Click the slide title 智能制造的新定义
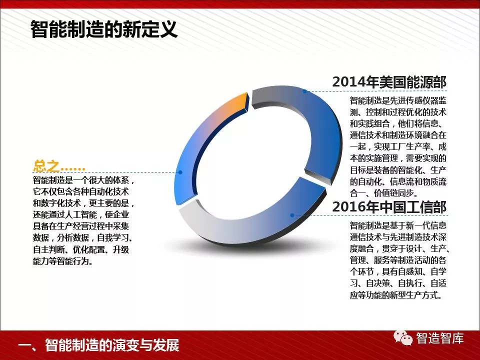(x=104, y=29)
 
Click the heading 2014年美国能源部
(x=389, y=81)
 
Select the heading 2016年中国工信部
(x=389, y=207)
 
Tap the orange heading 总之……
(x=59, y=166)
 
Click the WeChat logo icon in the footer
(x=403, y=338)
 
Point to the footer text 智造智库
(x=439, y=338)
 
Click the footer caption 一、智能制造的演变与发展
(x=98, y=345)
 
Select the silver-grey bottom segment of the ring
(x=232, y=226)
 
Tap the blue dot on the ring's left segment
(x=180, y=172)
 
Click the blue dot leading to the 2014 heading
(x=305, y=91)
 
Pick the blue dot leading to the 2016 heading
(x=292, y=215)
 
